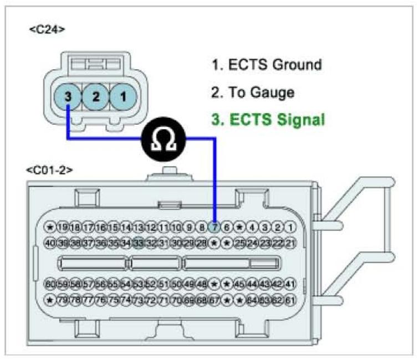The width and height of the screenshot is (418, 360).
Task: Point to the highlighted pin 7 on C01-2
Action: click(x=215, y=227)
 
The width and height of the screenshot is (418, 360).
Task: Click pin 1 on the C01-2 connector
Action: click(x=290, y=227)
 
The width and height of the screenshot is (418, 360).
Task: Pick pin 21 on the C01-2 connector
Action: click(x=290, y=242)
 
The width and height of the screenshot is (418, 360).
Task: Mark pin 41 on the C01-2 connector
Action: click(x=290, y=284)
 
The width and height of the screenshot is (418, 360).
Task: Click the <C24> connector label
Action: click(x=47, y=28)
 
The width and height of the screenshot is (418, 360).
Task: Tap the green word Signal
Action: click(x=300, y=119)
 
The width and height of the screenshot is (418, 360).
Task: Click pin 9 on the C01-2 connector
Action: click(x=190, y=227)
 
